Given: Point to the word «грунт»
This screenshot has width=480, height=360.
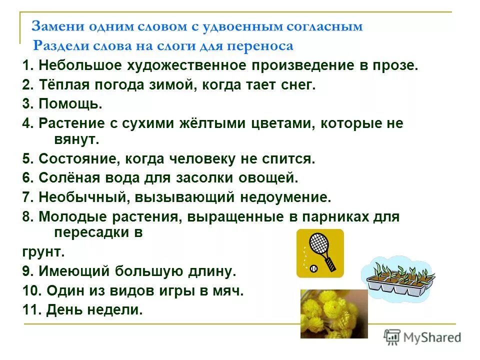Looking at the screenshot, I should (x=43, y=251).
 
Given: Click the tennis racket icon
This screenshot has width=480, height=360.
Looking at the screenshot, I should (x=320, y=253).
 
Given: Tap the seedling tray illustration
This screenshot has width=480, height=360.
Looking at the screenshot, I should (x=397, y=279).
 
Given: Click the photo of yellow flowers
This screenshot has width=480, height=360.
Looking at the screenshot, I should (x=333, y=313).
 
